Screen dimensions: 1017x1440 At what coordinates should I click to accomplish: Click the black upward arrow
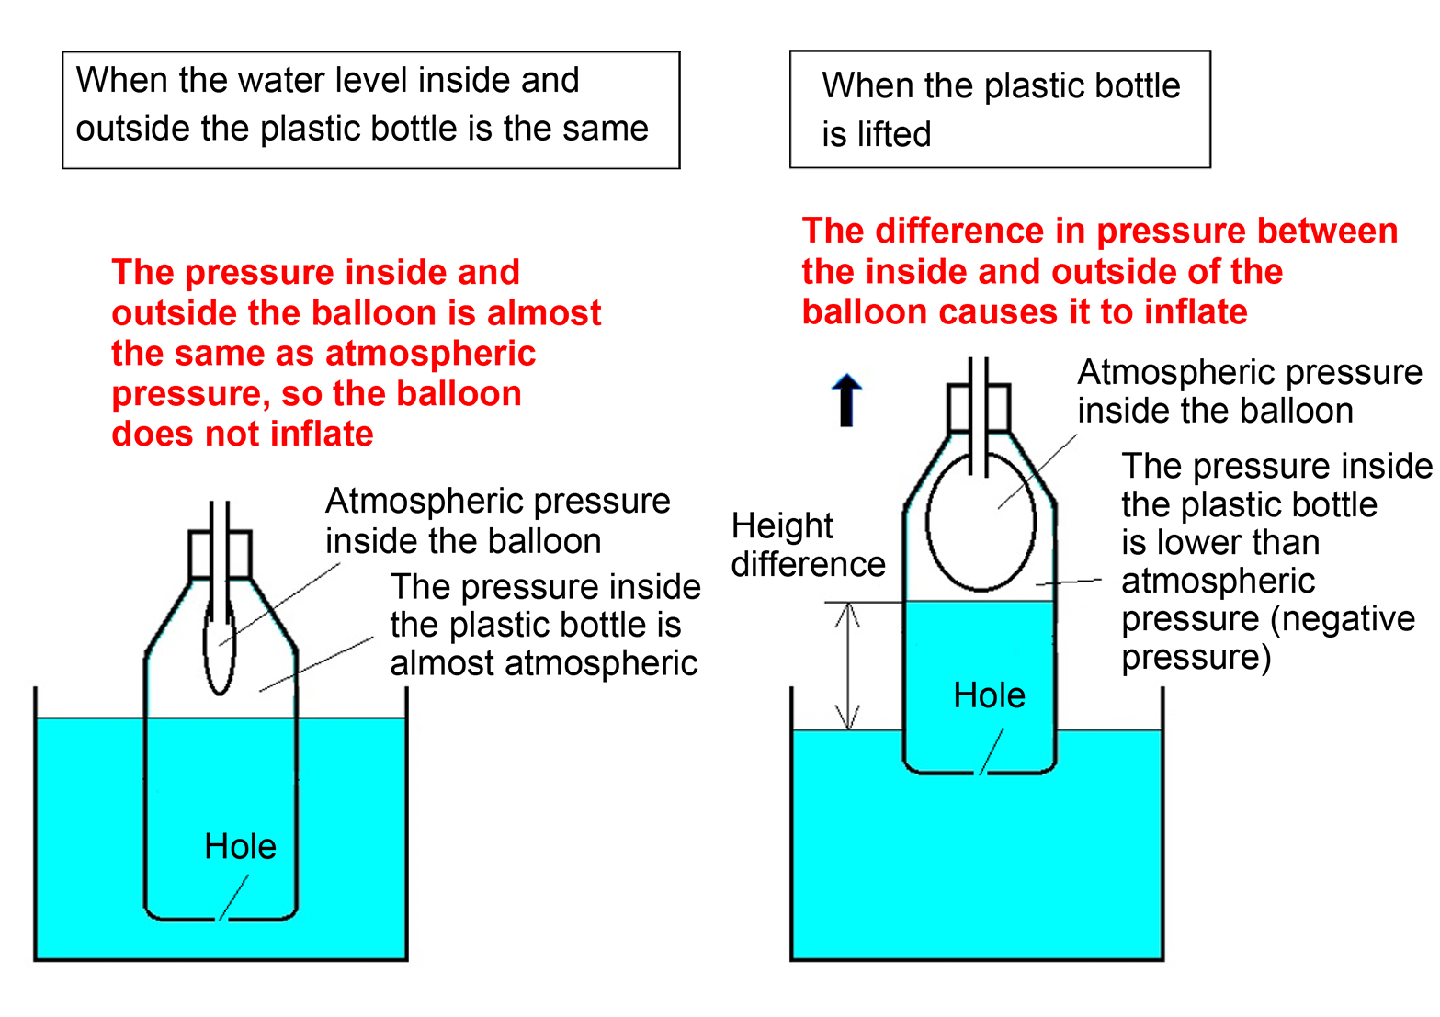point(846,401)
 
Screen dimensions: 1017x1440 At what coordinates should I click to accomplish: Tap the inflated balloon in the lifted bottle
point(981,521)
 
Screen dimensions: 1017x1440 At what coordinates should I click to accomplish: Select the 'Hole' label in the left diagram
point(240,846)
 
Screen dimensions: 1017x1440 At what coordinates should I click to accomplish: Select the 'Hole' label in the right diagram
point(989,695)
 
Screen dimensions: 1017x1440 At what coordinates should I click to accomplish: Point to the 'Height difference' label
point(807,545)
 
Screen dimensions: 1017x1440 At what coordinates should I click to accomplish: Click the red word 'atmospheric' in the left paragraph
point(430,354)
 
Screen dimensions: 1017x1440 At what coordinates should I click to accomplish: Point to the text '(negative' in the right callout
point(1342,619)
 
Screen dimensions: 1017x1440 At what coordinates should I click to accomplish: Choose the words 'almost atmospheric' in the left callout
point(543,663)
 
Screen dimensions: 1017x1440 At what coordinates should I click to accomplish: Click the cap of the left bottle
point(221,554)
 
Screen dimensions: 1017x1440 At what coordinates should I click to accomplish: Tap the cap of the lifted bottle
point(979,408)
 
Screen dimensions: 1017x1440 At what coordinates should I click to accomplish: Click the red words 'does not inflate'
point(243,434)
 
